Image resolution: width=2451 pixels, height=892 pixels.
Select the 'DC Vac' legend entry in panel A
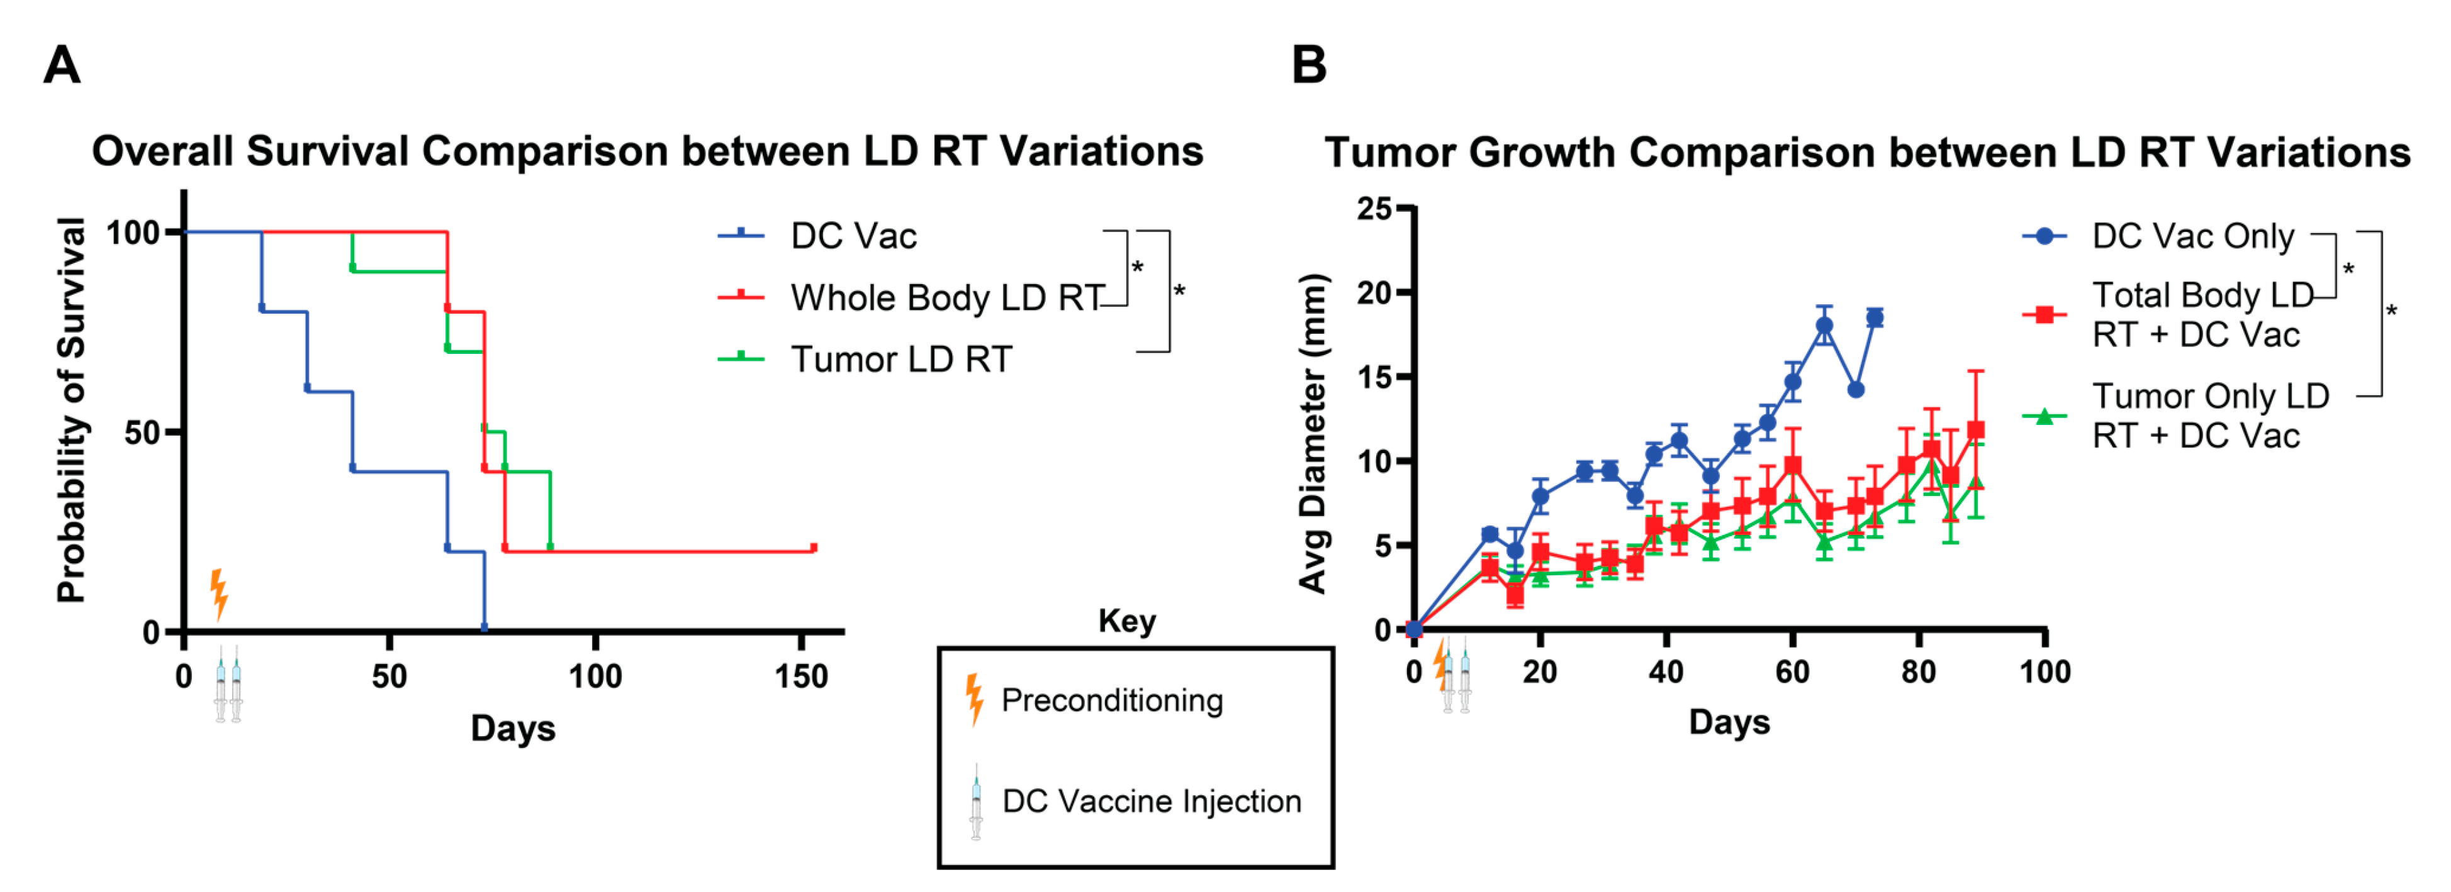coord(853,236)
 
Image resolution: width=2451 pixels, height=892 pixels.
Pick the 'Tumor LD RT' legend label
coord(901,360)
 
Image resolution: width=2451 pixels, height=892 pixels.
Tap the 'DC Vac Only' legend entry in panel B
coord(2192,236)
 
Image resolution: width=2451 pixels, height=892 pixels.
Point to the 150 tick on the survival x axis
coord(800,676)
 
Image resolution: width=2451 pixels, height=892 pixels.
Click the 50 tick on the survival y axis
coord(143,432)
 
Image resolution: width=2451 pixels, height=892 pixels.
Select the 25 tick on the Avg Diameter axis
coord(1373,208)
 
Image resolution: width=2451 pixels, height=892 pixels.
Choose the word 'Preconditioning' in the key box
coord(1111,701)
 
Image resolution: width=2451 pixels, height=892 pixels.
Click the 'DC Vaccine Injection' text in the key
coord(1152,801)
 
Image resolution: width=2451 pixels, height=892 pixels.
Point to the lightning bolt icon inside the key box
coord(974,699)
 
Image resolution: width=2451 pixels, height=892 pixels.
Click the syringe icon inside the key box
coord(976,801)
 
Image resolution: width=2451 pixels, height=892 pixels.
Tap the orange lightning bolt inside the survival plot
coord(219,594)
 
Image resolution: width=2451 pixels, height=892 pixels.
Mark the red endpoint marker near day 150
coord(814,548)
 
